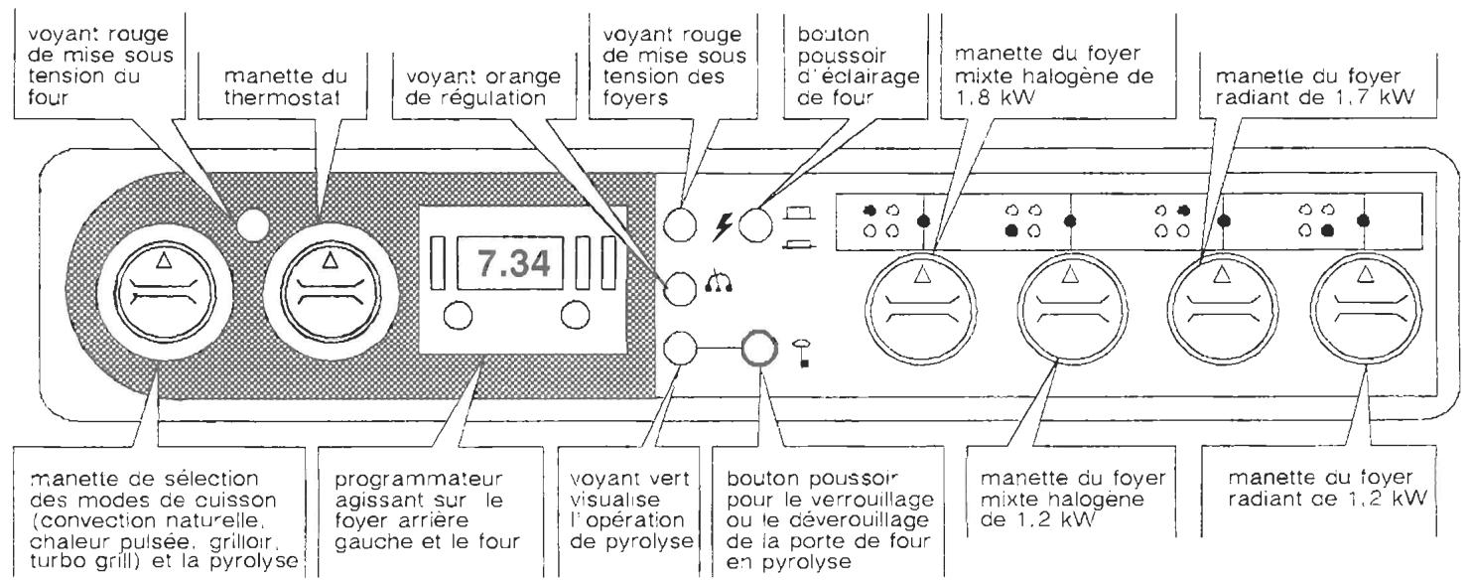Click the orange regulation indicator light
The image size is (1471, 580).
point(680,288)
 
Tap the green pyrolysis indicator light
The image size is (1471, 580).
point(680,350)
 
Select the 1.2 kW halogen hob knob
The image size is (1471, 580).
point(1068,305)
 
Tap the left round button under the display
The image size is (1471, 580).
point(457,316)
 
